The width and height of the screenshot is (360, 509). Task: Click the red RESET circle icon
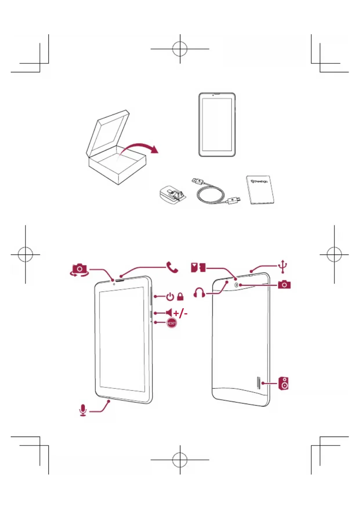point(171,323)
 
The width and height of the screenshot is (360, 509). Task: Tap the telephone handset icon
point(172,267)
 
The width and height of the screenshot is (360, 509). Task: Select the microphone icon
point(83,410)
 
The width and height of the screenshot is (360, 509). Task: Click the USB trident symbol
point(283,266)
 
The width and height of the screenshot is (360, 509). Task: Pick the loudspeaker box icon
point(284,383)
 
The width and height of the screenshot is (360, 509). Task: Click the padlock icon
point(180,297)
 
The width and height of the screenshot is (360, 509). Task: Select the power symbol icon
point(170,297)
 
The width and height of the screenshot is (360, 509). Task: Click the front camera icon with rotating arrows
point(79,270)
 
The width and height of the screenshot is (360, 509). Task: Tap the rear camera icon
point(284,284)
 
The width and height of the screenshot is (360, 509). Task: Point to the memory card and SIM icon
point(198,267)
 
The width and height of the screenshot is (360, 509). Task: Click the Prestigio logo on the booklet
point(259,182)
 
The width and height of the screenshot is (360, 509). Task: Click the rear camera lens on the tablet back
point(236,285)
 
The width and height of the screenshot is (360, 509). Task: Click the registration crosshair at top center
point(180,49)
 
